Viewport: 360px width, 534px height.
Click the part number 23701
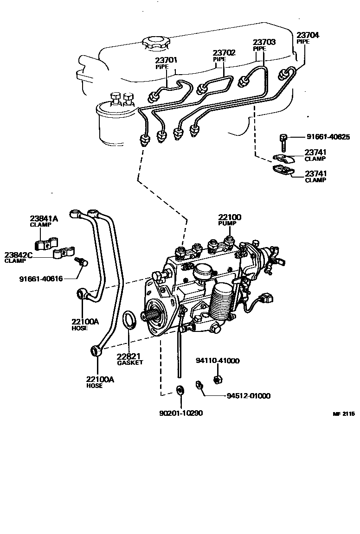(166, 60)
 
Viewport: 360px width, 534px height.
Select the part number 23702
(225, 53)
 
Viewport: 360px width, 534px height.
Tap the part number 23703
(264, 42)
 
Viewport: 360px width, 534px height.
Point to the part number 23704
(308, 35)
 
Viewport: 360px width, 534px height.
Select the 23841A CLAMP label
(44, 221)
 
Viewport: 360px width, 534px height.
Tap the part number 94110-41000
(217, 361)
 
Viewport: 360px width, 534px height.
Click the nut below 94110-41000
(217, 380)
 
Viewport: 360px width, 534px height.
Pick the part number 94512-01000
(248, 396)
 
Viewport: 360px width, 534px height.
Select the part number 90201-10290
(180, 413)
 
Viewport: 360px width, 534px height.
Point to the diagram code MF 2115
(343, 414)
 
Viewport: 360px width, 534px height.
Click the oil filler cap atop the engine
(156, 43)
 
